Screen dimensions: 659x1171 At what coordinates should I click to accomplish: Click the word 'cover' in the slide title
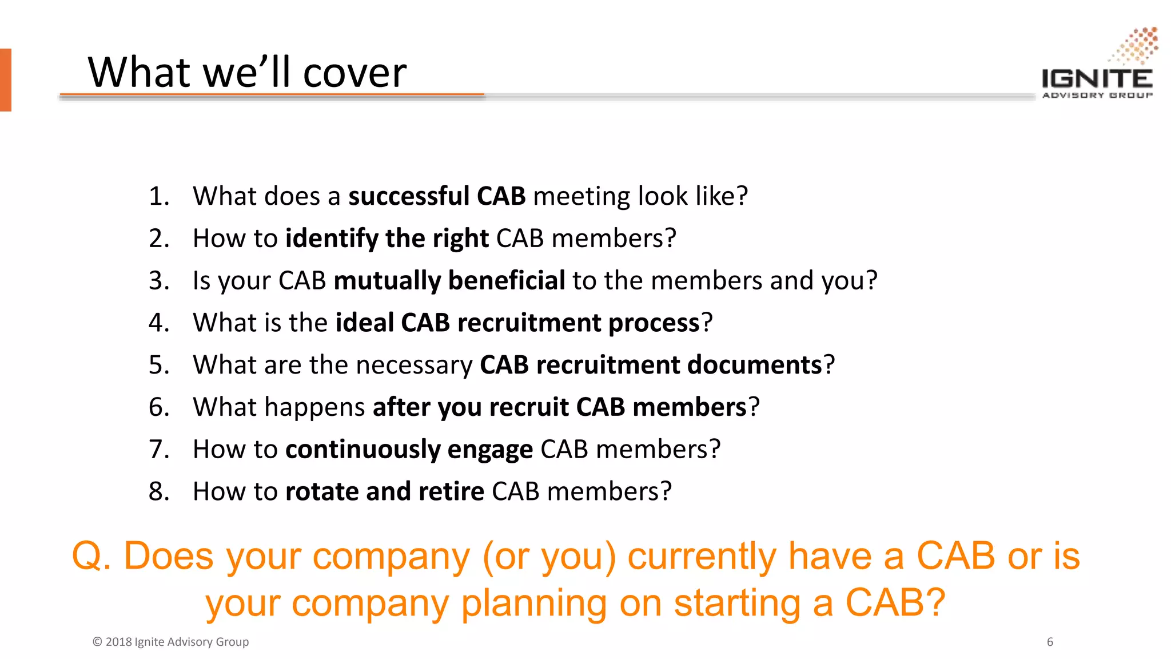(354, 73)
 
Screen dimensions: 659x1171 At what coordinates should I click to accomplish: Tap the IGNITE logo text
(1097, 79)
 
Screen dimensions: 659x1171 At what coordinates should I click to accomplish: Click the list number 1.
(158, 196)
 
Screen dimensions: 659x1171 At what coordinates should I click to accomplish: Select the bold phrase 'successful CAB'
(437, 196)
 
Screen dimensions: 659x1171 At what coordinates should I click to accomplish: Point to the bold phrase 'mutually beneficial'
(449, 281)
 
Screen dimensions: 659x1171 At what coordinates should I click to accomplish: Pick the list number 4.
(158, 323)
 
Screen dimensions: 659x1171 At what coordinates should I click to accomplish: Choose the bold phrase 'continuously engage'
(409, 450)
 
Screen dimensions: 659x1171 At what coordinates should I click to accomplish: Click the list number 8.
(158, 491)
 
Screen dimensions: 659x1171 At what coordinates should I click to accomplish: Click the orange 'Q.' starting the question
(91, 556)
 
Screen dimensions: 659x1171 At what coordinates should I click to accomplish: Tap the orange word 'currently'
(702, 556)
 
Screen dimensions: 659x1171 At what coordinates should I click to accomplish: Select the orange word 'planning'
(533, 604)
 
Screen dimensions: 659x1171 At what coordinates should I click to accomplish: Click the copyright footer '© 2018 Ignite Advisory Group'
(170, 642)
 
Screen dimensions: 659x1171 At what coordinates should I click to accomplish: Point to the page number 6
(1050, 642)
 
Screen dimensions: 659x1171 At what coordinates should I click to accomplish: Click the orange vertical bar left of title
(6, 80)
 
